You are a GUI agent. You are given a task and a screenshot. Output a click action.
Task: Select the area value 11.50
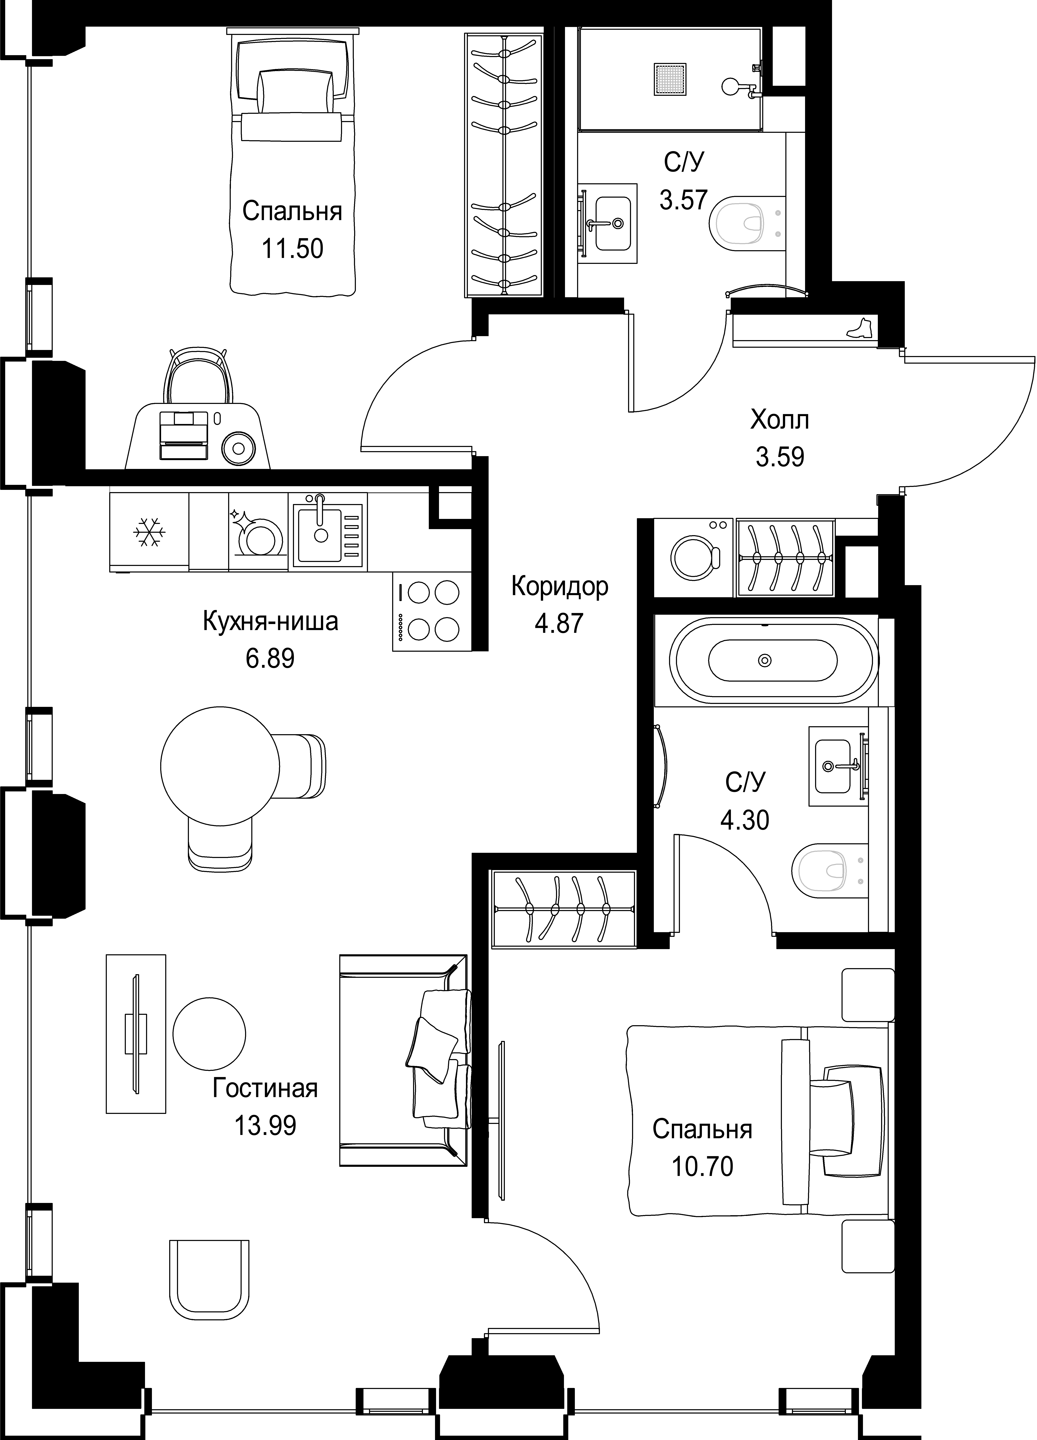[x=293, y=248]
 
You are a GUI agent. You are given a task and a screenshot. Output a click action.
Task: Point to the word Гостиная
[x=265, y=1089]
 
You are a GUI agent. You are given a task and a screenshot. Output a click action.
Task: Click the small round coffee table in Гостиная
[x=209, y=1034]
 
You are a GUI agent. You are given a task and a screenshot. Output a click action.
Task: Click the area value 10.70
[x=703, y=1166]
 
